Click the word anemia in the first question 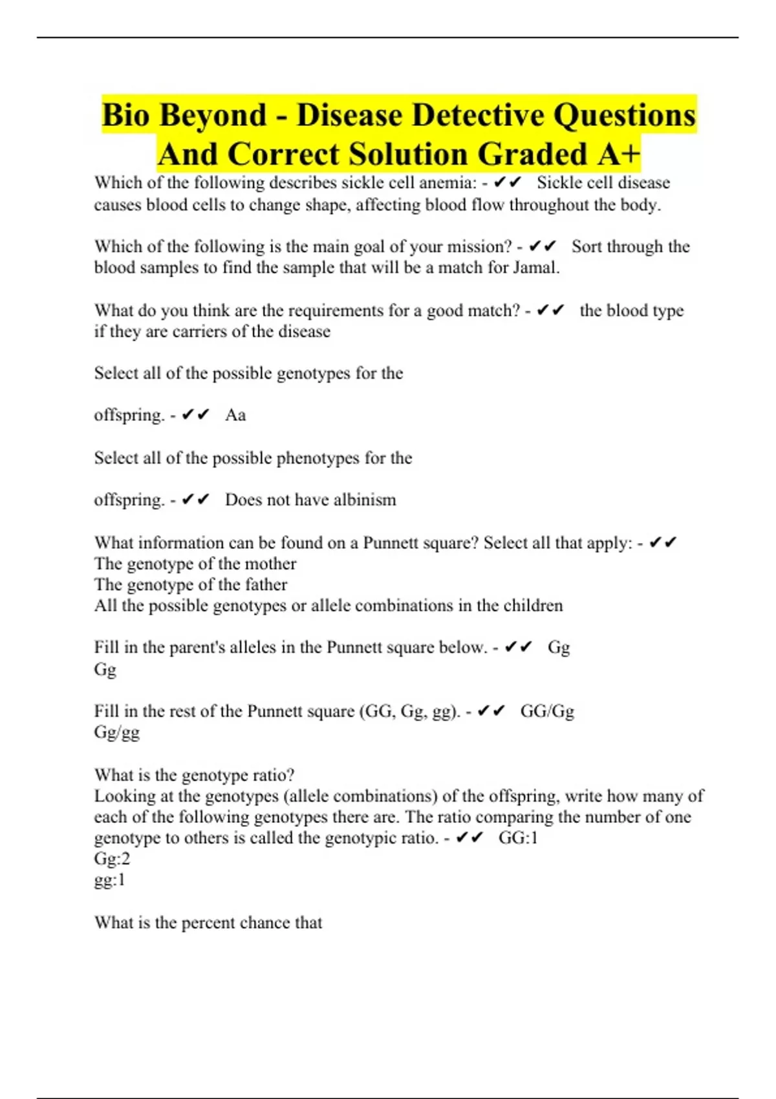click(x=447, y=183)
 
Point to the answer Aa click(x=235, y=415)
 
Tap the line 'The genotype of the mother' click(x=195, y=564)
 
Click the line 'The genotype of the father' click(x=191, y=584)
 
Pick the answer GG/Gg click(x=547, y=711)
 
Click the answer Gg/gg click(x=117, y=732)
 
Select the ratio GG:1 click(x=518, y=838)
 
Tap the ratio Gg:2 click(x=112, y=859)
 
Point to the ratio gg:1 click(x=110, y=880)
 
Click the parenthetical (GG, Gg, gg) click(x=409, y=711)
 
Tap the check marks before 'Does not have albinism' click(x=196, y=500)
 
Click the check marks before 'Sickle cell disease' click(x=508, y=183)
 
